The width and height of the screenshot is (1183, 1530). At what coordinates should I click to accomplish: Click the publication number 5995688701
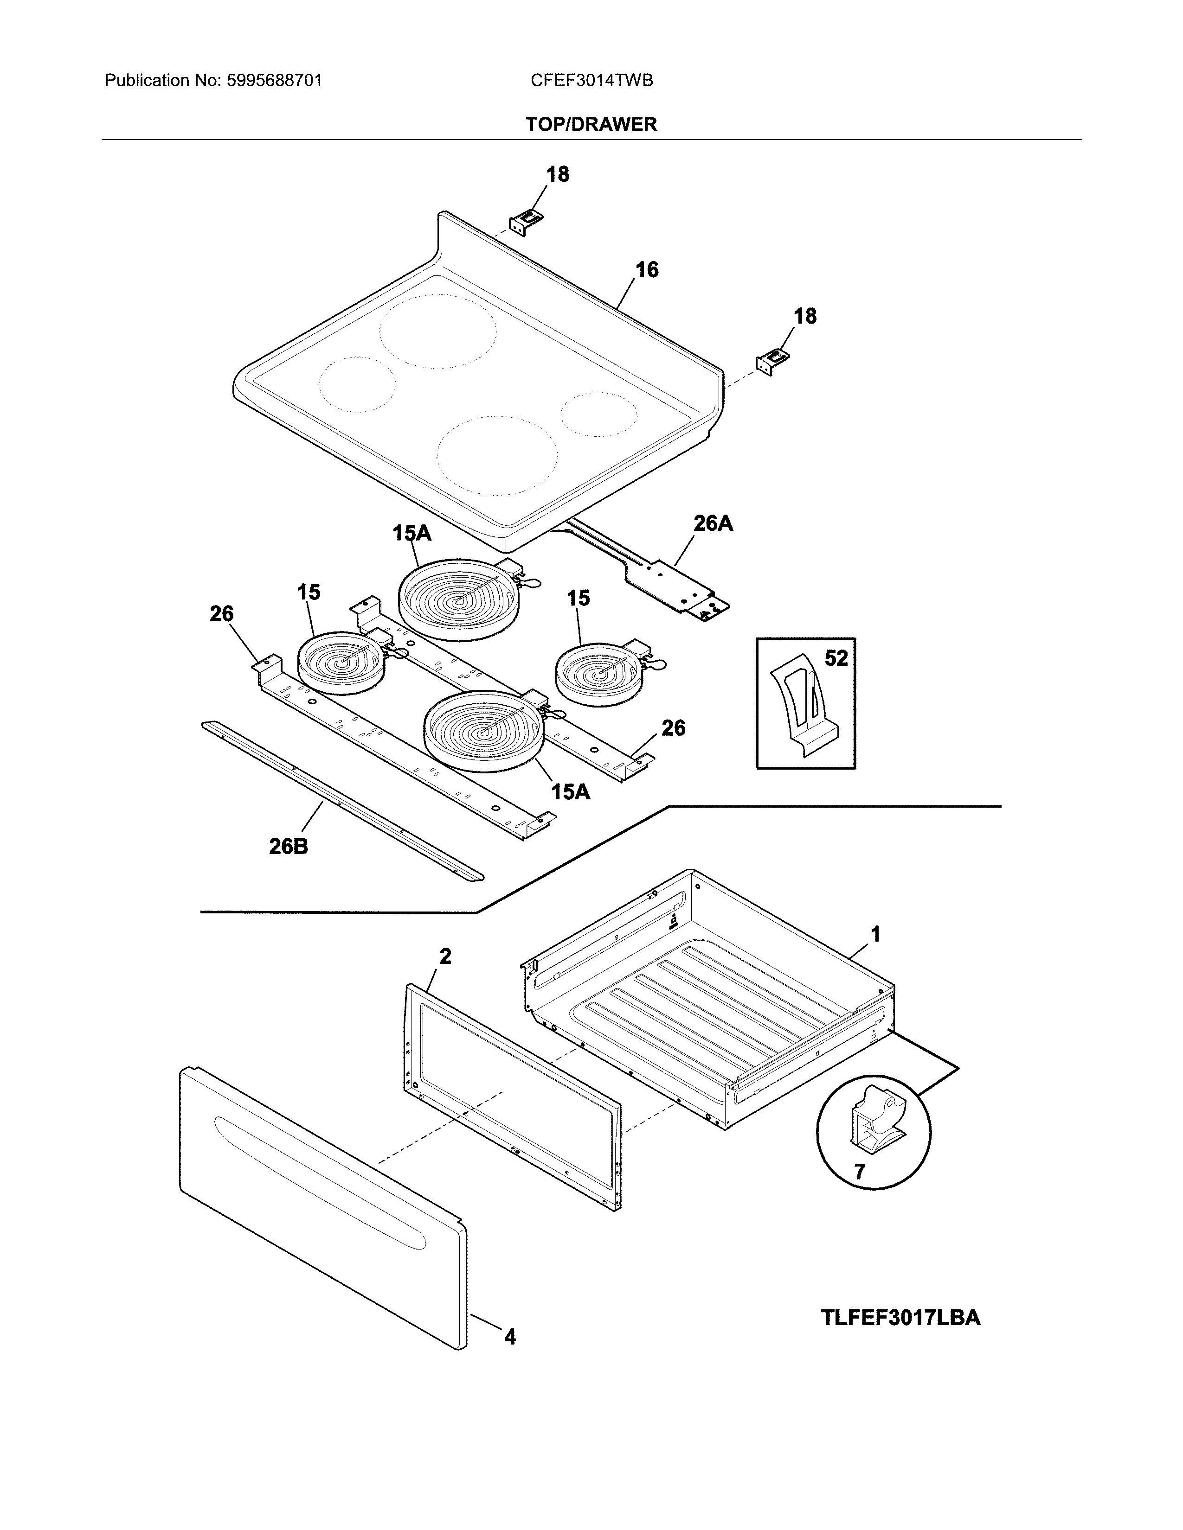274,81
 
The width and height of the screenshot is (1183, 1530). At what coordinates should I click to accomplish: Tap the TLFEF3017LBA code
900,1318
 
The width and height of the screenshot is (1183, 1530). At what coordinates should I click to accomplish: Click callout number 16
647,270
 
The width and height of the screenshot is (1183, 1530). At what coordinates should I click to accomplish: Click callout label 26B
288,847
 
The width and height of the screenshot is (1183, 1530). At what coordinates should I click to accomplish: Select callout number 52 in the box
836,658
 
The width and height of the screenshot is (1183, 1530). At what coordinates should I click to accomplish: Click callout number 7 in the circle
859,1171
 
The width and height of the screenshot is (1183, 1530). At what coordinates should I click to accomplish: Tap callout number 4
509,1337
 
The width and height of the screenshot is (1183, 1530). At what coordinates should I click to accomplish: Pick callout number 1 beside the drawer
874,934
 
